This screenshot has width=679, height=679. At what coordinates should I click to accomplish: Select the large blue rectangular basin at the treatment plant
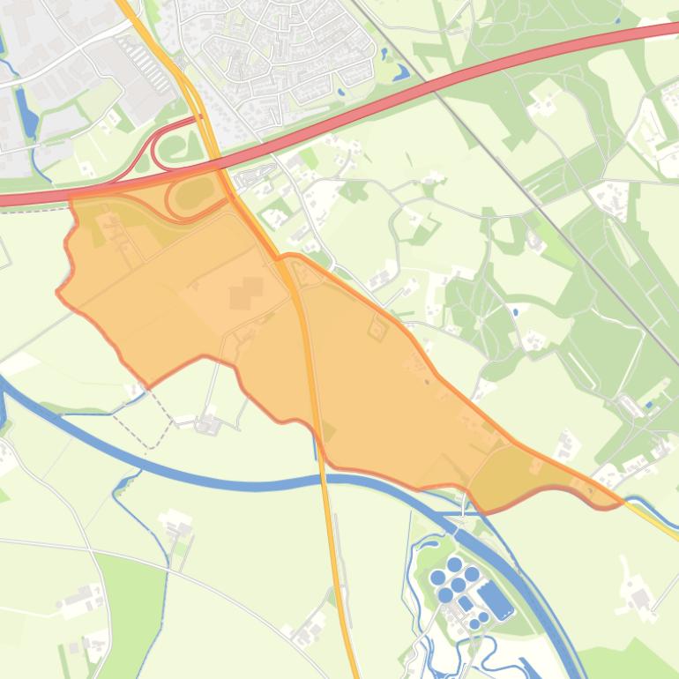click(496, 602)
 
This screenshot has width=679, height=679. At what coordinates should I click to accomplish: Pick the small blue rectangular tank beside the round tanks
click(466, 603)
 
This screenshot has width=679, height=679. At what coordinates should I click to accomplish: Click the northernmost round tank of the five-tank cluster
click(455, 563)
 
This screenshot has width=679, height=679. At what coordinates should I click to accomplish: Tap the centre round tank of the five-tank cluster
click(459, 584)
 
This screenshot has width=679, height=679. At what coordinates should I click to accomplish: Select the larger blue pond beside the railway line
click(399, 71)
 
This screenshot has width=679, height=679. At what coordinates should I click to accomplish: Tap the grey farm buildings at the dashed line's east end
click(208, 424)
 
